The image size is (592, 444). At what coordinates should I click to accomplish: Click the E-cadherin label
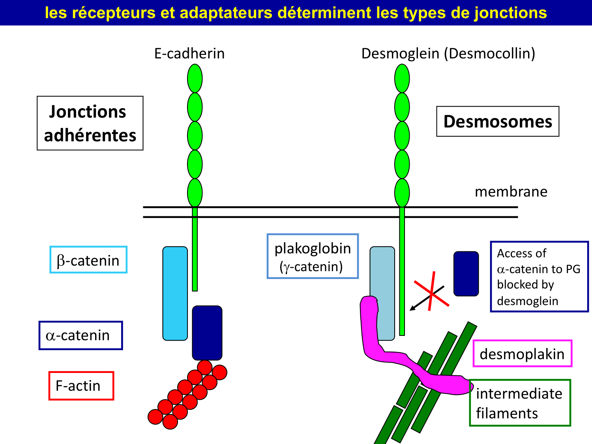pos(189,54)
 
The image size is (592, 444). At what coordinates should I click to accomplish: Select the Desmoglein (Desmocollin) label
pos(448,54)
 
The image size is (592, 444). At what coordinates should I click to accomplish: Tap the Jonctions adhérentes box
pos(90,123)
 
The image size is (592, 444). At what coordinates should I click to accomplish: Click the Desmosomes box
pos(498,122)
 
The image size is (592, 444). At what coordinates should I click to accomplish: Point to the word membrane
pos(511,192)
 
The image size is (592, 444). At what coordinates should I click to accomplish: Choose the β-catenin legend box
pos(88,260)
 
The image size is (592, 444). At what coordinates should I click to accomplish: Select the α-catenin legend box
pos(81,335)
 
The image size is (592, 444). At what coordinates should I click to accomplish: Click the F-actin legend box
pos(81,386)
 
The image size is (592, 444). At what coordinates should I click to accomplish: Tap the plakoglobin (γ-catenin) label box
pos(313,257)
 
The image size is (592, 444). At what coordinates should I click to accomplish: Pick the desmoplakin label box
pos(522,354)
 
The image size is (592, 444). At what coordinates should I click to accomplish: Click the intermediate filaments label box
pos(520,403)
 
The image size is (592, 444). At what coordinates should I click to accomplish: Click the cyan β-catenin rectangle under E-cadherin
pos(175,293)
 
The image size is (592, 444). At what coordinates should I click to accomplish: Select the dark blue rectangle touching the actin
pos(207,333)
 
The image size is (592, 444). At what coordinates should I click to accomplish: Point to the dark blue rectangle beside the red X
pos(466,274)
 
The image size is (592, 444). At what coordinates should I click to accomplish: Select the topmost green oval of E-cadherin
pos(195,78)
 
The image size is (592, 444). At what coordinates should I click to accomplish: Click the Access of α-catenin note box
pos(539,277)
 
